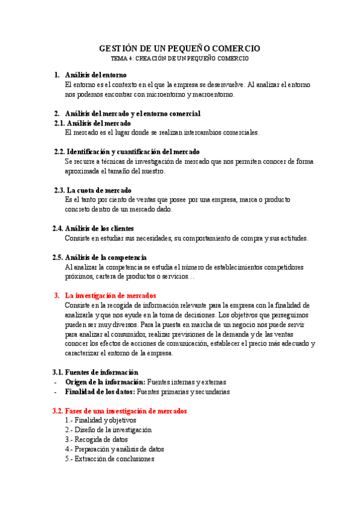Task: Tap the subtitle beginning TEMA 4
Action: point(179,59)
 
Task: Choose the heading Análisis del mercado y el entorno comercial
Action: point(132,113)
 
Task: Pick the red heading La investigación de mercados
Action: point(110,295)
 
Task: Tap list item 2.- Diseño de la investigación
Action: point(108,430)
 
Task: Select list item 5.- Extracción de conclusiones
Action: point(109,459)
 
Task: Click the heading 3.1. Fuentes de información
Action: point(96,372)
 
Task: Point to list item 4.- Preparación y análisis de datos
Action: point(114,449)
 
